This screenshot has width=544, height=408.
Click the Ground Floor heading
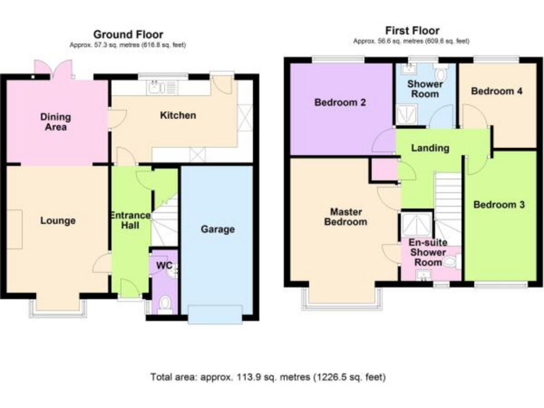click(x=128, y=34)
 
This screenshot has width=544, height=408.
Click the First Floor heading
click(x=412, y=30)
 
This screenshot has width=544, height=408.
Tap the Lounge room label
click(x=57, y=220)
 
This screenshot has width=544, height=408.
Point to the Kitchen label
click(x=177, y=115)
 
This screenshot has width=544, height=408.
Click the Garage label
click(x=217, y=229)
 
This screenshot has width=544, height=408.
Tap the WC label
click(x=164, y=266)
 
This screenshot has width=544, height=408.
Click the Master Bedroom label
click(x=346, y=216)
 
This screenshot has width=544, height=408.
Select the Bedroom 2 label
click(x=340, y=103)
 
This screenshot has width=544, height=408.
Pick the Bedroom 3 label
click(x=499, y=205)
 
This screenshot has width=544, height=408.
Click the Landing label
click(x=430, y=148)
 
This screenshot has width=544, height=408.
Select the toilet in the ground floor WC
click(x=165, y=305)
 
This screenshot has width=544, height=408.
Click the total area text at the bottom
click(x=268, y=377)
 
